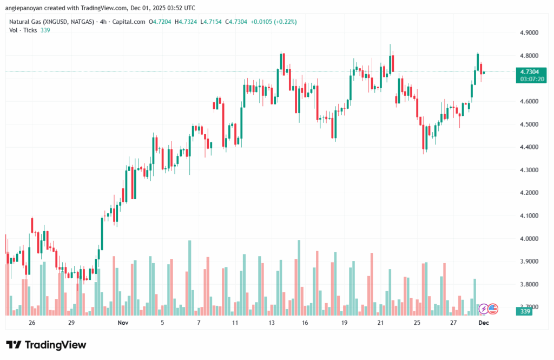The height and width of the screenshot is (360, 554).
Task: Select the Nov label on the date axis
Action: (123, 323)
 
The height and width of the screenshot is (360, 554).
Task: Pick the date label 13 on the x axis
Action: (271, 323)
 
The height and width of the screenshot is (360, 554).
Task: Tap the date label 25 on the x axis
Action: (417, 323)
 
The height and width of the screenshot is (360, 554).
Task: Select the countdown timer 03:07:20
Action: (532, 79)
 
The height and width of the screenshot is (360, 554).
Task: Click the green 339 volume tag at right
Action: (525, 311)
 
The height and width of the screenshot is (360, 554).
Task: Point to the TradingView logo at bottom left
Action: (47, 345)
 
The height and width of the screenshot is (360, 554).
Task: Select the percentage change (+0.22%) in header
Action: (285, 22)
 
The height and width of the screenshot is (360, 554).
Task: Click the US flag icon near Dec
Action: (492, 309)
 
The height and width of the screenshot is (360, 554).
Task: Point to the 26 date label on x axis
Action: (32, 323)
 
